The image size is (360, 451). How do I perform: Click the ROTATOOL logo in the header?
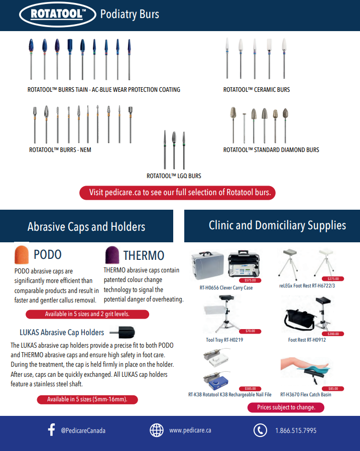click(x=56, y=15)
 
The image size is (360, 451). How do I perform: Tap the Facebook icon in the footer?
click(x=51, y=430)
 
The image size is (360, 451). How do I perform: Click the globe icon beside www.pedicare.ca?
click(x=157, y=430)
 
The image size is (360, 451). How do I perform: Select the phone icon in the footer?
click(x=260, y=430)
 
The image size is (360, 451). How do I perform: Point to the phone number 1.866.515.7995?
click(x=296, y=430)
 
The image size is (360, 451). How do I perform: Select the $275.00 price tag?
click(x=332, y=278)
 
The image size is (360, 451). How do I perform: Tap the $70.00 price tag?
click(x=250, y=331)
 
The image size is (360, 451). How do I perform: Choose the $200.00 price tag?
click(x=332, y=334)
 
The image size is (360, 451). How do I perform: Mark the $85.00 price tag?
click(x=332, y=388)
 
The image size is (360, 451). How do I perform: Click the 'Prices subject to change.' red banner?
click(x=286, y=407)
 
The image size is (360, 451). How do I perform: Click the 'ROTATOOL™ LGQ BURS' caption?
click(x=174, y=176)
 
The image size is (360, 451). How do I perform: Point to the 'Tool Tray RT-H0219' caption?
click(x=224, y=340)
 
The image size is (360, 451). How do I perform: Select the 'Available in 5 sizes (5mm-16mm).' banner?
click(x=87, y=399)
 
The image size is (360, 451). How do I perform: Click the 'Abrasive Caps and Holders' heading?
click(x=86, y=227)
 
